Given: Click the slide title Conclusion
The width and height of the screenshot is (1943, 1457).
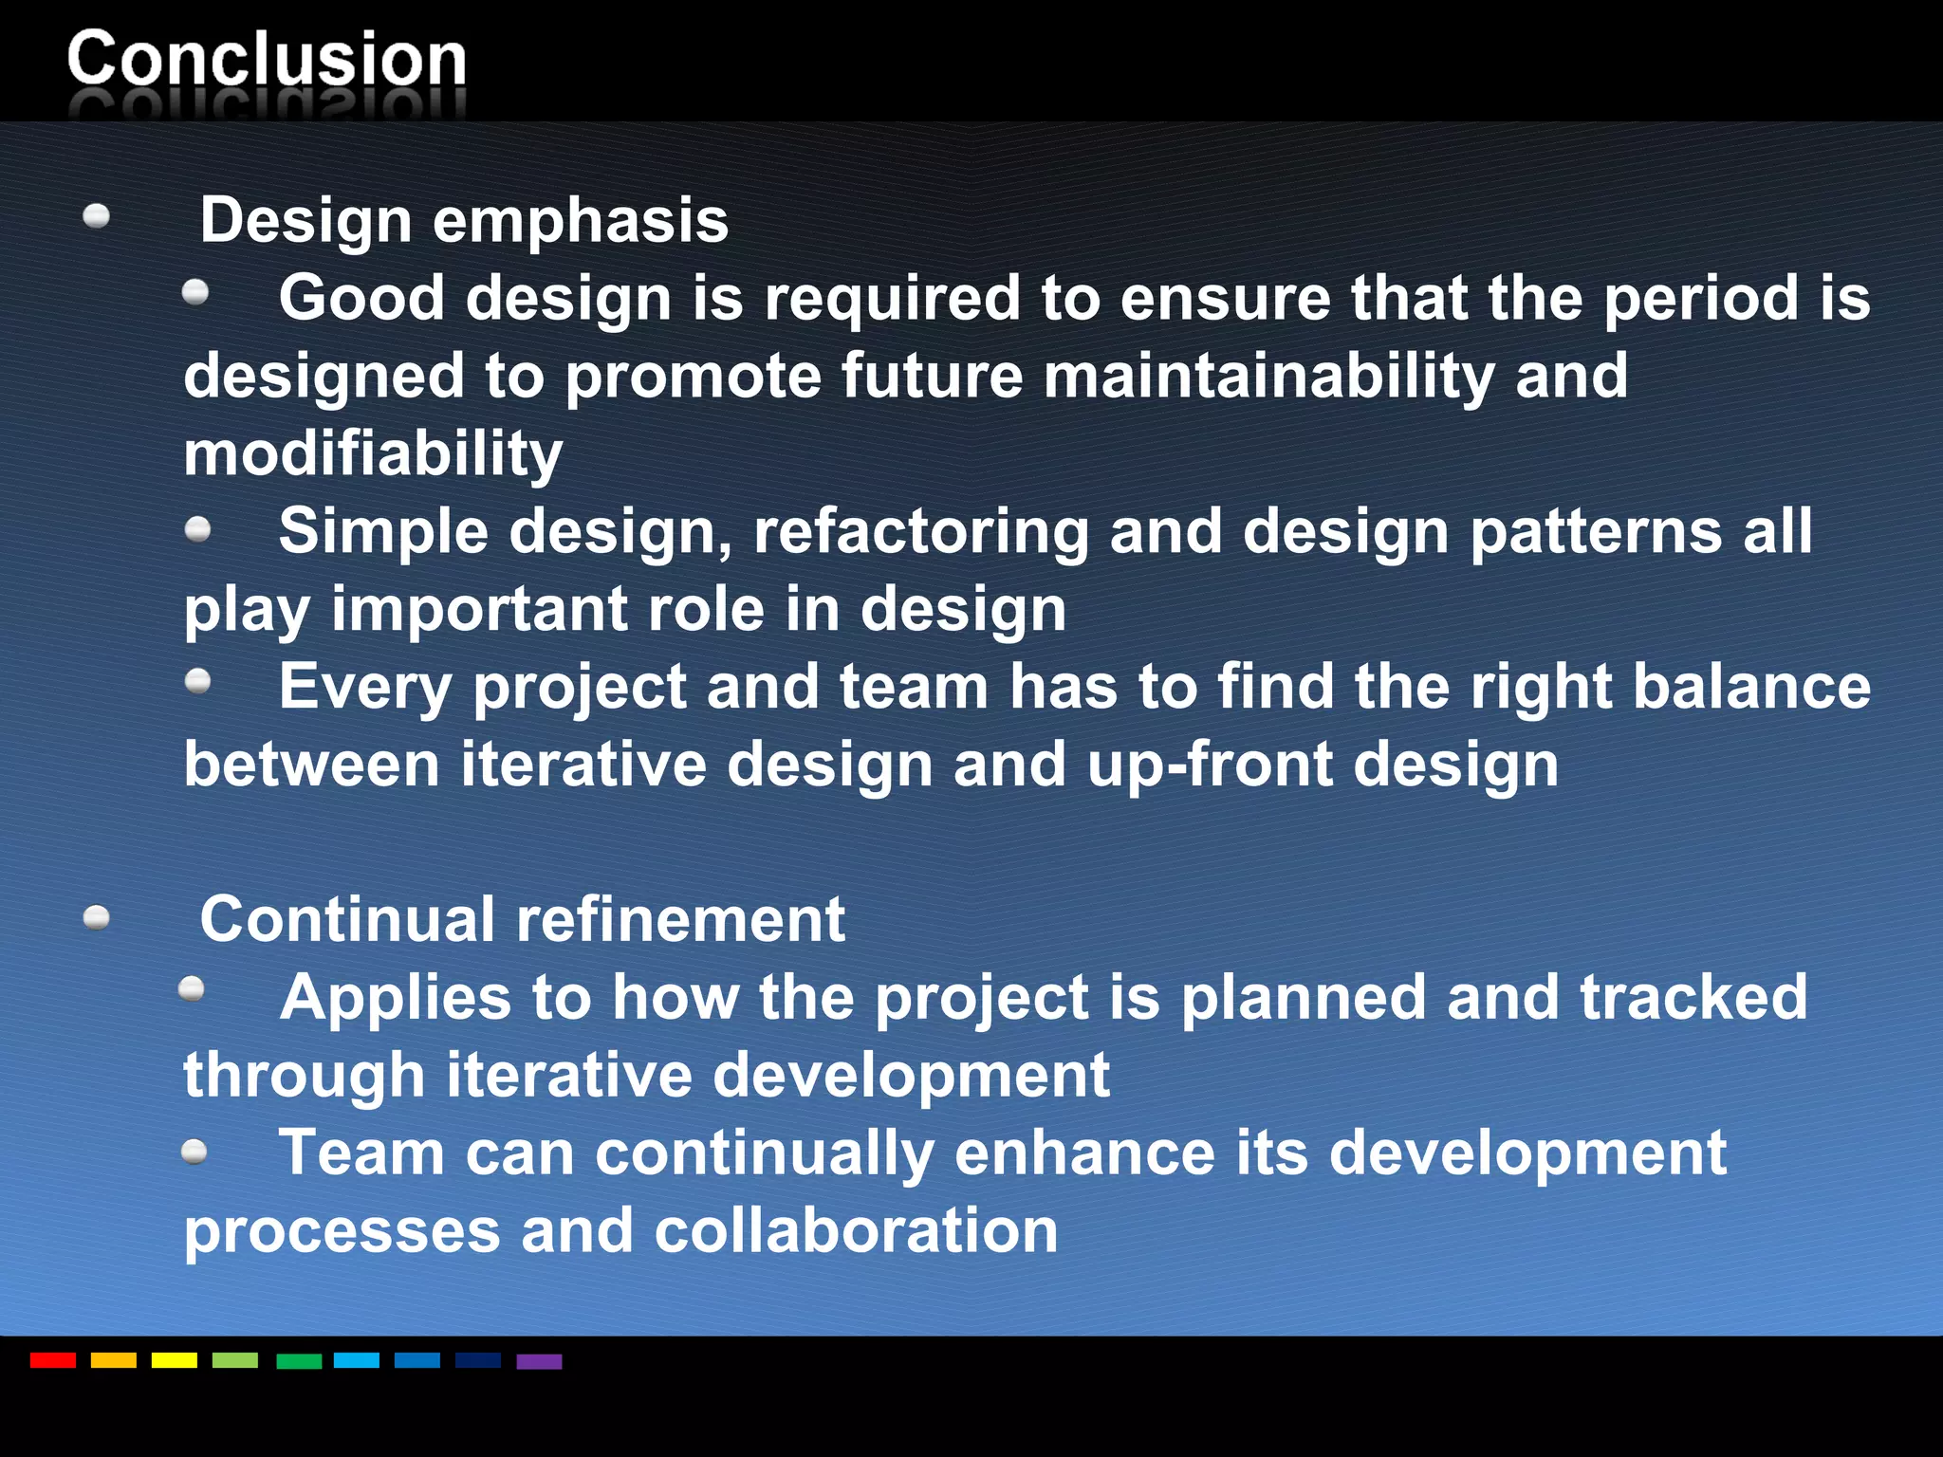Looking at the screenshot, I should coord(267,59).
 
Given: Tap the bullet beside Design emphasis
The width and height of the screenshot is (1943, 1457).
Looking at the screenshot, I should coord(97,217).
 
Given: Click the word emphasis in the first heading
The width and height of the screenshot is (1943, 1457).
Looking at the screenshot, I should coord(581,221).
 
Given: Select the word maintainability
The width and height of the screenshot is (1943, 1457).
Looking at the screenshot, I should coord(1268,377).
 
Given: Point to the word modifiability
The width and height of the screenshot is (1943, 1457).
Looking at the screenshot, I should coord(373,454).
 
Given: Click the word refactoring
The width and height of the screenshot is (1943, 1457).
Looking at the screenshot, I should coord(920,531).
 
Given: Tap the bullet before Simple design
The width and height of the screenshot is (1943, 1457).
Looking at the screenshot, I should coord(197,528).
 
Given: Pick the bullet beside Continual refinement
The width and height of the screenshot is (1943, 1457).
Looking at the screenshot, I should coord(97,917).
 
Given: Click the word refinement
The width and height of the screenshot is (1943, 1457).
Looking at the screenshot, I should coord(679,920).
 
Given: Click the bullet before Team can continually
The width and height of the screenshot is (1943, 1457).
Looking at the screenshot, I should coord(194,1152).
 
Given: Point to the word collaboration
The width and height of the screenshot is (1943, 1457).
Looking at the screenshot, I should coord(856,1231).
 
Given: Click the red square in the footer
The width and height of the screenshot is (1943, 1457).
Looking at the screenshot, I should coord(53,1360).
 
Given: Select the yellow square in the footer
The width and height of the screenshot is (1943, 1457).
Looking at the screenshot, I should coord(175,1360).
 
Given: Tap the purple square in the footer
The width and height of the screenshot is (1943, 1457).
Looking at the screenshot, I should coord(539,1361).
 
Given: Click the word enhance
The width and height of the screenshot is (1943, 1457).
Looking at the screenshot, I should coord(1084,1153).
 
